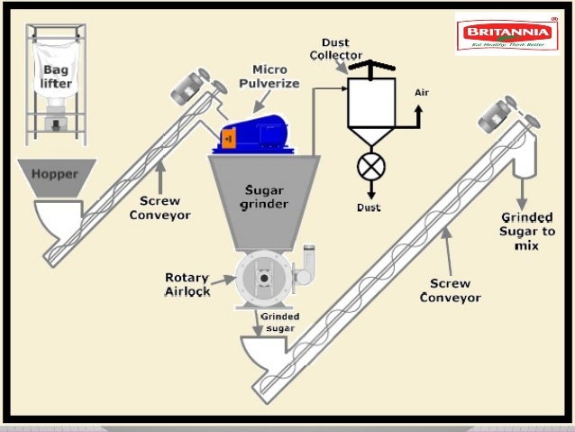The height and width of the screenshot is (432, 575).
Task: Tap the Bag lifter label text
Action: pyautogui.click(x=55, y=77)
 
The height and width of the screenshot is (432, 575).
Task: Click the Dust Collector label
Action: pyautogui.click(x=336, y=49)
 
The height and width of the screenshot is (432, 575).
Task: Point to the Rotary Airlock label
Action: pyautogui.click(x=187, y=284)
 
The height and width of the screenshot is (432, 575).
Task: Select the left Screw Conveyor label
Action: pyautogui.click(x=160, y=207)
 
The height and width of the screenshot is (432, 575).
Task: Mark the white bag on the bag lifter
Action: pyautogui.click(x=55, y=72)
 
